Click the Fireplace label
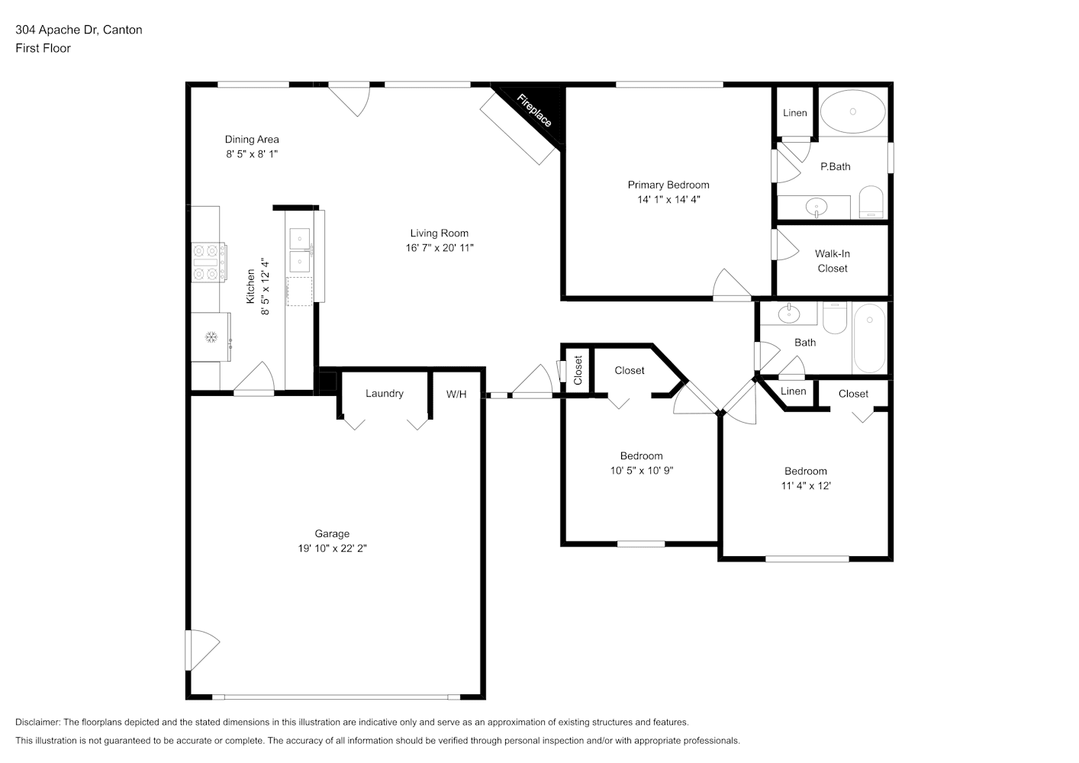coord(533,111)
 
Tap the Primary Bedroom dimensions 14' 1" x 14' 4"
coord(668,199)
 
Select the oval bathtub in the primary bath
coord(852,111)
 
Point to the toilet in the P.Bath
coord(871,202)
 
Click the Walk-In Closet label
coord(833,261)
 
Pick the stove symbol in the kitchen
coord(208,262)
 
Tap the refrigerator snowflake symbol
coord(211,337)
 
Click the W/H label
coord(456,394)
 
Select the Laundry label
coord(385,394)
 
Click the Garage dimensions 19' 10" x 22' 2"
coord(333,548)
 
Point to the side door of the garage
coord(202,650)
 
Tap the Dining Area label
coord(252,139)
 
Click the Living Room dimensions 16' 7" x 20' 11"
coord(440,247)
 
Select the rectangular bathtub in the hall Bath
coord(869,338)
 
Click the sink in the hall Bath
coord(789,314)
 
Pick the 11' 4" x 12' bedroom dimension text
coord(806,485)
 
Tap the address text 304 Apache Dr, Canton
coord(79,30)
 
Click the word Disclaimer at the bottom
coord(38,722)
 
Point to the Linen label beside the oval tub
coord(795,113)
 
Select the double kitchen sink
coord(300,250)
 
